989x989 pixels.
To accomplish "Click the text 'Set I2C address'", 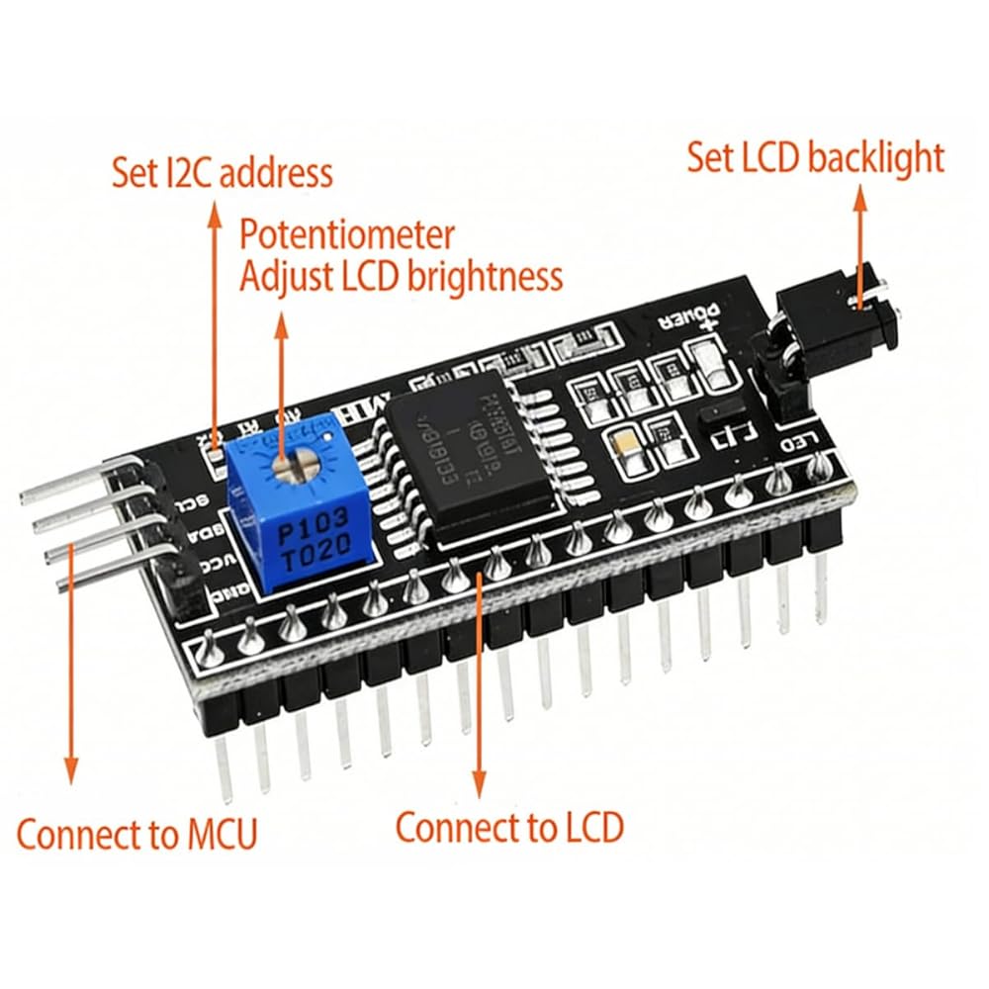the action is coord(222,173).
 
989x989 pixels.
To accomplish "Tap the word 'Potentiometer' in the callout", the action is coord(348,235).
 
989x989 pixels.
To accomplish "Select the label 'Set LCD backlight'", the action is coord(816,157).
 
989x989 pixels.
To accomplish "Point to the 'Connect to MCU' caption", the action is coord(136,834).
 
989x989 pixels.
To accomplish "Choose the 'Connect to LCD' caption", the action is coord(509,826).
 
